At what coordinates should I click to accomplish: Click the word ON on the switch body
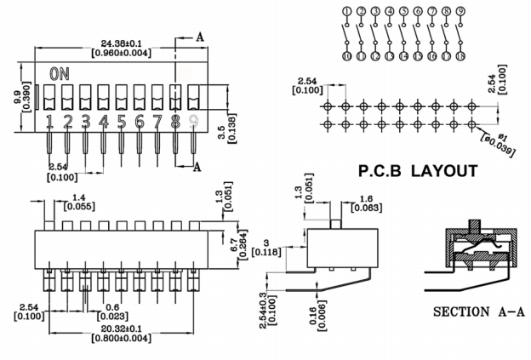tap(60, 74)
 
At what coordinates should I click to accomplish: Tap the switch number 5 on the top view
tap(122, 121)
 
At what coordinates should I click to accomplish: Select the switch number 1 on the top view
tap(50, 121)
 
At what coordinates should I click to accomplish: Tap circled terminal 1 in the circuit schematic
tap(346, 11)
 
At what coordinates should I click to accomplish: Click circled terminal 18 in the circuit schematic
tap(460, 56)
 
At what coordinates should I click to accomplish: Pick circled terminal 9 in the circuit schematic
tap(460, 11)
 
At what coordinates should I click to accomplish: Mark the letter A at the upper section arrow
tap(200, 37)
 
